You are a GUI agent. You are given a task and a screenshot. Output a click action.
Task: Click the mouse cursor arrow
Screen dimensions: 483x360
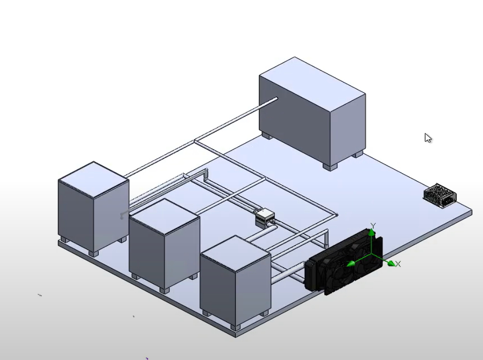point(428,138)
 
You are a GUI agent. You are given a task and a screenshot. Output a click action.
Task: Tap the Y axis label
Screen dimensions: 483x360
point(373,226)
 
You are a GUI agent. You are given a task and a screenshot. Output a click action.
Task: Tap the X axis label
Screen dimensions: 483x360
point(398,264)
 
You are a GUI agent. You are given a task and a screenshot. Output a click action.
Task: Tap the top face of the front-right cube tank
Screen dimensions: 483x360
point(235,253)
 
